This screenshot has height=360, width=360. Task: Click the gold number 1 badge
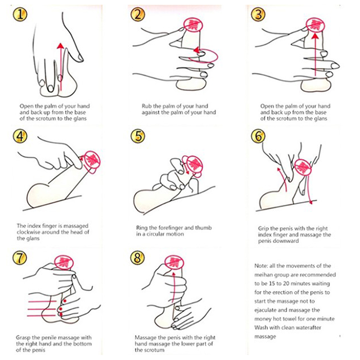click(x=20, y=14)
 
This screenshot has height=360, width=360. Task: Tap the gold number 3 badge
click(x=258, y=14)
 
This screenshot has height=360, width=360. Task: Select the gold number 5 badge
click(x=138, y=136)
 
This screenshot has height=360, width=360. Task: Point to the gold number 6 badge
click(x=258, y=136)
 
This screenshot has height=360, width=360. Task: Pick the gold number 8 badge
click(x=137, y=257)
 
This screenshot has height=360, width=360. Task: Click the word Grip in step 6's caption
click(x=263, y=229)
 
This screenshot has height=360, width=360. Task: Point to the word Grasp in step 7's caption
click(x=23, y=338)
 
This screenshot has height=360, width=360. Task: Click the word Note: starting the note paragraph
click(x=261, y=266)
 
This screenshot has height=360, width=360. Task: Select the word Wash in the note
click(x=261, y=328)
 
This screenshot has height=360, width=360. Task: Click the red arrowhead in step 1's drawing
click(x=60, y=46)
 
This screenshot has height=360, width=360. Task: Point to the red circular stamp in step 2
click(x=193, y=25)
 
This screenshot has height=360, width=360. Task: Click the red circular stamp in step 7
click(x=64, y=263)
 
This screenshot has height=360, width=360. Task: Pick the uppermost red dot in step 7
click(x=65, y=301)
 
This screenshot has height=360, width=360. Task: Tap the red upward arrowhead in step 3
click(x=315, y=36)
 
